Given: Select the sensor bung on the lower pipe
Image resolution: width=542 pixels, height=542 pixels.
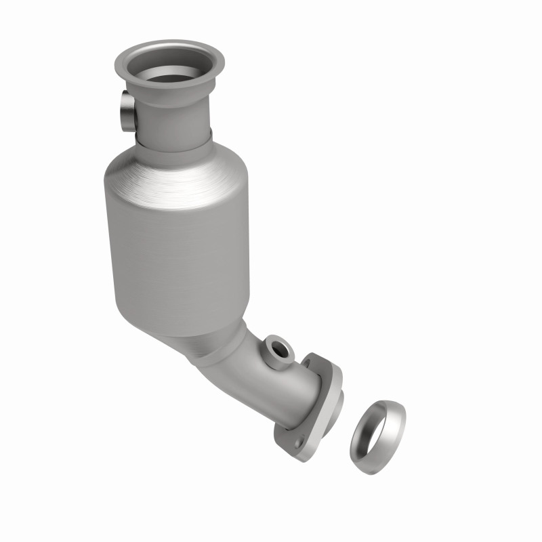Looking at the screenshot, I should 278,348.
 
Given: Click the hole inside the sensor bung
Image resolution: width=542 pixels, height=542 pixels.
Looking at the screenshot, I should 278,350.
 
